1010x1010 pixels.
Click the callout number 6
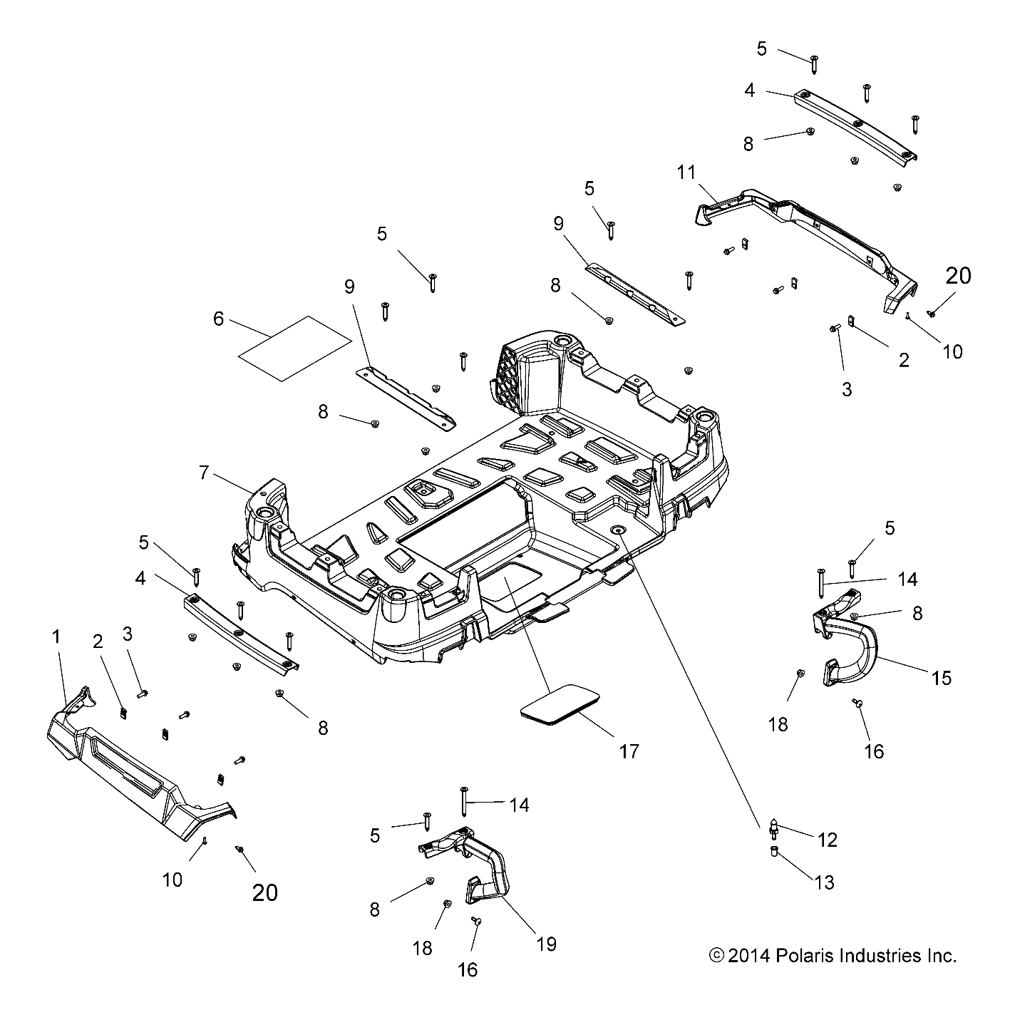click(x=218, y=319)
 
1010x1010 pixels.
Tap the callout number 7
click(x=204, y=472)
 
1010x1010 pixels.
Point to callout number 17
click(x=629, y=751)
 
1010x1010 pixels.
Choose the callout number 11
click(x=686, y=172)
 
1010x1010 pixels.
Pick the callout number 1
click(x=57, y=637)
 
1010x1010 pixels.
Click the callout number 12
click(x=827, y=840)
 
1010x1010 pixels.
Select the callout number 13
click(x=824, y=882)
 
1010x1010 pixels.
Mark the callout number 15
click(x=942, y=677)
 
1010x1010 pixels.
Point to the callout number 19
click(x=546, y=944)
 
